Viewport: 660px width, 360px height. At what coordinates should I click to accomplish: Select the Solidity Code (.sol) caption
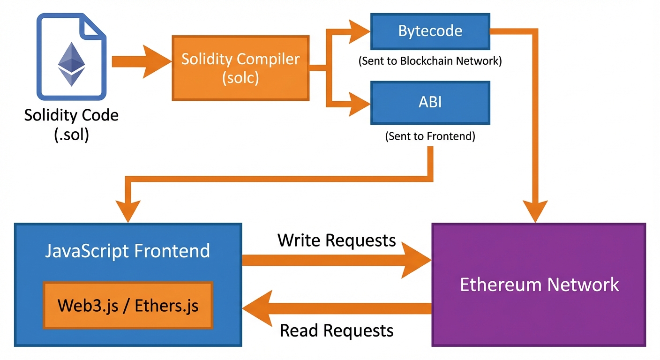click(71, 125)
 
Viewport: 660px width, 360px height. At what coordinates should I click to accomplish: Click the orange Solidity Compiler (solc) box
click(240, 67)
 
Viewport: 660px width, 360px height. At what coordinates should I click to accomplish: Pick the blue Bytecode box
click(430, 31)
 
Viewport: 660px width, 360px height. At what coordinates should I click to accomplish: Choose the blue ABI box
click(430, 102)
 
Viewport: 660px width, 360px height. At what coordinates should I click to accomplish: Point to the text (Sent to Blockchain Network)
click(430, 61)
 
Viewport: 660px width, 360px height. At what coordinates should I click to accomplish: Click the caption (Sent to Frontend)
click(430, 136)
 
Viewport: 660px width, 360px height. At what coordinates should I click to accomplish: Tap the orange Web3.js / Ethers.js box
click(128, 306)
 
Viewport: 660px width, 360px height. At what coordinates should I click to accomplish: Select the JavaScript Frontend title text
click(127, 251)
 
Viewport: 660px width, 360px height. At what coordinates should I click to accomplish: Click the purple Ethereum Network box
click(539, 285)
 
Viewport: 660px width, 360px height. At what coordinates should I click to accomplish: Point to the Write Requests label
click(337, 240)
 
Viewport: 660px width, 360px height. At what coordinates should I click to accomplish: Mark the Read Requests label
click(337, 330)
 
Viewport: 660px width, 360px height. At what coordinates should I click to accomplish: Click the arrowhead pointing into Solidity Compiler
click(157, 61)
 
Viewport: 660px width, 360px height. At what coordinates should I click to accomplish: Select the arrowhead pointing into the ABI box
click(359, 102)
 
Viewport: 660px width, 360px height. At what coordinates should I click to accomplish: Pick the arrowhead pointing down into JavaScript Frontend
click(127, 210)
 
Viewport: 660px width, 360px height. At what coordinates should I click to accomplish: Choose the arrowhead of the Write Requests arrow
click(417, 261)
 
